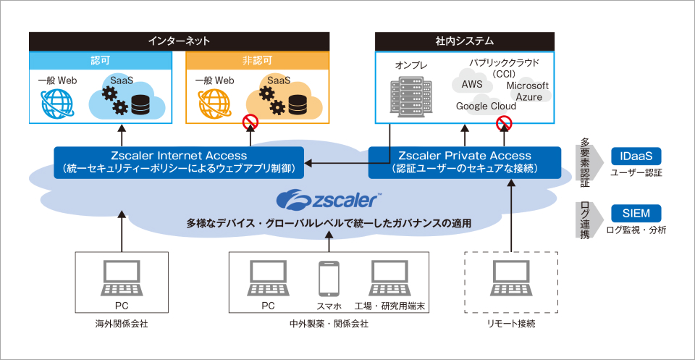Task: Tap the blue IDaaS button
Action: [636, 156]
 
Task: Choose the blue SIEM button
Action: [636, 213]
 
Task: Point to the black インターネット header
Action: [178, 41]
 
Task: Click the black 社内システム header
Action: [464, 41]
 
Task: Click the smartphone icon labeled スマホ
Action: [329, 278]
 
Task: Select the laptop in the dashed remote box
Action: [511, 278]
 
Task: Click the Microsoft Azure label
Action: [527, 91]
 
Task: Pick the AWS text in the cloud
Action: [472, 85]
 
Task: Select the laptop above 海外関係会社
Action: [122, 278]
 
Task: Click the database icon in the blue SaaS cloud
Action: [141, 105]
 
